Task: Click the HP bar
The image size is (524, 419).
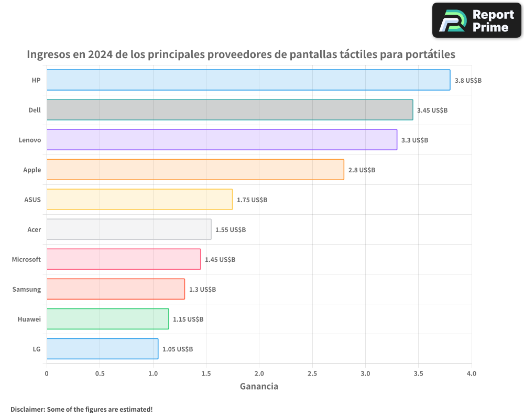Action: point(248,80)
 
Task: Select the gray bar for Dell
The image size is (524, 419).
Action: point(230,110)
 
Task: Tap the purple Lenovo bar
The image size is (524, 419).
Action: point(222,140)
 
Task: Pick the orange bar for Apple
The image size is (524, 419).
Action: point(195,170)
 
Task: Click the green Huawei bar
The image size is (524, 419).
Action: point(107,319)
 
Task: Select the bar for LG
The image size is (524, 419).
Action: point(102,349)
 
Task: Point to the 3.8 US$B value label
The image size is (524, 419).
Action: point(468,81)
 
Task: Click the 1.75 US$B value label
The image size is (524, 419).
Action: point(252,200)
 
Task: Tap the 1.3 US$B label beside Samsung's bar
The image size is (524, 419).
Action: point(202,290)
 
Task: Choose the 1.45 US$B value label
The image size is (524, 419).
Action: point(220,260)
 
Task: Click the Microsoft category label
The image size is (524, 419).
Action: point(26,260)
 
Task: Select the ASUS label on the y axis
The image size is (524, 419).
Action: point(32,200)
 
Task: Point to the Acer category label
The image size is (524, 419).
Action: point(34,230)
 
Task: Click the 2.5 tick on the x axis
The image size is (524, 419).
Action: point(312,374)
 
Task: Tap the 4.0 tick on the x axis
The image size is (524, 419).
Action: point(472,374)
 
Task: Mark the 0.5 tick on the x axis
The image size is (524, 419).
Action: point(100,374)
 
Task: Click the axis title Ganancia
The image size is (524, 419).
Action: point(259,387)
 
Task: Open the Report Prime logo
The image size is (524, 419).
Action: point(477,20)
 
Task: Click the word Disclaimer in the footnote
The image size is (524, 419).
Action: point(27,410)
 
